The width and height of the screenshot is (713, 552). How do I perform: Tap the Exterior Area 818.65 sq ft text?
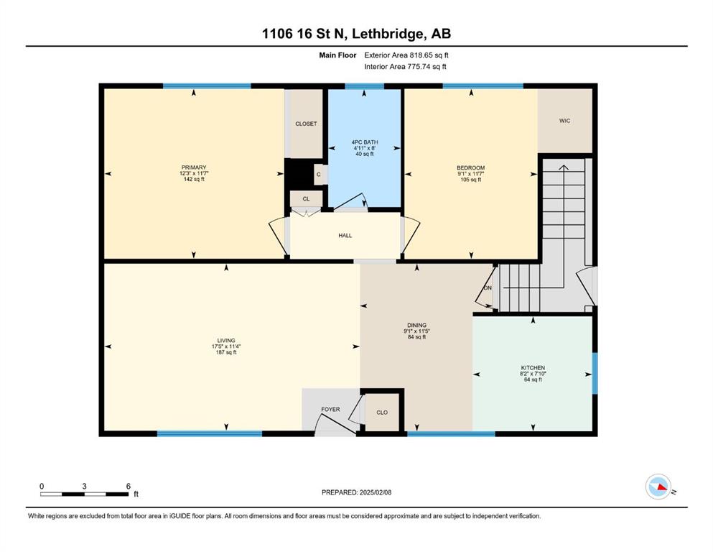pyautogui.click(x=406, y=55)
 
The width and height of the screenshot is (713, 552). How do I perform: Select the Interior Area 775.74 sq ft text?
pyautogui.click(x=405, y=66)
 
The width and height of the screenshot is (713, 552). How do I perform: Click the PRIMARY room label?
pyautogui.click(x=194, y=167)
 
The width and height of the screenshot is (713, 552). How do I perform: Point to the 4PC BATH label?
pyautogui.click(x=365, y=142)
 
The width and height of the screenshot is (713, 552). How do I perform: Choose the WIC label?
pyautogui.click(x=565, y=121)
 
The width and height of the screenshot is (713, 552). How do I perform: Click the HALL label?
pyautogui.click(x=345, y=235)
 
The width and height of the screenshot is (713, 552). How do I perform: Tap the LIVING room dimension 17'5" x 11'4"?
pyautogui.click(x=226, y=346)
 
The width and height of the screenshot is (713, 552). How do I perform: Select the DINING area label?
pyautogui.click(x=416, y=325)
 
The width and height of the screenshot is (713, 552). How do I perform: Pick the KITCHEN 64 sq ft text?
pyautogui.click(x=533, y=379)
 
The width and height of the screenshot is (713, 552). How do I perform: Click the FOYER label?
pyautogui.click(x=330, y=409)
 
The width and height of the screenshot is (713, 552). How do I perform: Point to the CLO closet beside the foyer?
pyautogui.click(x=382, y=413)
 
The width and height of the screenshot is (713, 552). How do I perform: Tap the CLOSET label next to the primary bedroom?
pyautogui.click(x=306, y=124)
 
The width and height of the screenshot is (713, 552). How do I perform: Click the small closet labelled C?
pyautogui.click(x=319, y=174)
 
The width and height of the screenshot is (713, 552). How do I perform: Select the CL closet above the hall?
pyautogui.click(x=306, y=199)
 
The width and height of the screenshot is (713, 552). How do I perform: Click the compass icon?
pyautogui.click(x=658, y=487)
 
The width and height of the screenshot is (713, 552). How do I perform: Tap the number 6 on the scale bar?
pyautogui.click(x=129, y=486)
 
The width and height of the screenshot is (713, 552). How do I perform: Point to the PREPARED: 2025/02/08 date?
pyautogui.click(x=356, y=492)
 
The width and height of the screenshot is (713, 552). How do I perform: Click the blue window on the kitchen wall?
pyautogui.click(x=595, y=373)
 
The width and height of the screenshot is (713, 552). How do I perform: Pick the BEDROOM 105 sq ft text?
pyautogui.click(x=470, y=180)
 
